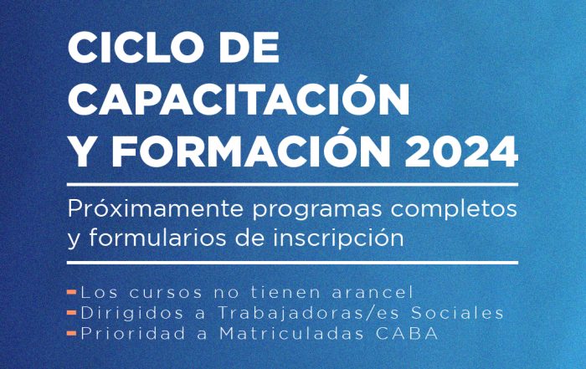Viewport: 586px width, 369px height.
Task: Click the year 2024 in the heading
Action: (x=461, y=151)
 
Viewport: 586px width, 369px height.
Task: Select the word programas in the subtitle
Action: (x=317, y=211)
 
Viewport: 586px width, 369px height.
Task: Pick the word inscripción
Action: (x=338, y=238)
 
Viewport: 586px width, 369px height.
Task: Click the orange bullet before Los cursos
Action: (x=72, y=292)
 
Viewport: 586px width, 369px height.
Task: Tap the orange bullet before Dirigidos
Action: (x=72, y=313)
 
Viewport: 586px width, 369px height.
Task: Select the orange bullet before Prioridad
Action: (x=72, y=333)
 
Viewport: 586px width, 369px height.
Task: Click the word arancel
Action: (x=373, y=292)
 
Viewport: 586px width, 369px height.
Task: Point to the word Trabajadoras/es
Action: (x=308, y=313)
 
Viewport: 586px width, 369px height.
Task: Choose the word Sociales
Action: (x=457, y=313)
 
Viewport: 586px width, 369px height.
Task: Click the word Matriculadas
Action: (x=291, y=333)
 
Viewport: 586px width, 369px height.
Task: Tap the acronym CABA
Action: (x=407, y=334)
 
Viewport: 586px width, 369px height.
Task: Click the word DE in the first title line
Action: (x=249, y=48)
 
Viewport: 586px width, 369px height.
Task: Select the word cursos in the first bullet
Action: (x=166, y=293)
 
